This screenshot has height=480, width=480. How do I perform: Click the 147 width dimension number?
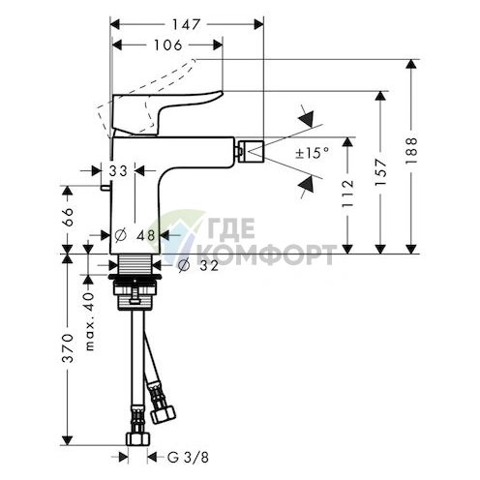[x=186, y=24]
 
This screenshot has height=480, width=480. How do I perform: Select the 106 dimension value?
[x=168, y=45]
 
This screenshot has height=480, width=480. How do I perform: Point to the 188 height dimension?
[x=411, y=151]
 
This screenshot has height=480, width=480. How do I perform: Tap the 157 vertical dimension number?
[x=381, y=172]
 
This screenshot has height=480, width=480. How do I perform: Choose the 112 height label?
[x=347, y=194]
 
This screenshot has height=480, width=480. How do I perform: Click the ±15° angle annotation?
[x=313, y=153]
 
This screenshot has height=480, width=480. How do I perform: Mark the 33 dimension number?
[x=118, y=171]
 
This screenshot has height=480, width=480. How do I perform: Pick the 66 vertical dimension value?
[x=68, y=217]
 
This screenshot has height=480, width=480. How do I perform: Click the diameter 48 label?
[x=135, y=235]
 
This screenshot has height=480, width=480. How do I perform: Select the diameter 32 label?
[x=198, y=265]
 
